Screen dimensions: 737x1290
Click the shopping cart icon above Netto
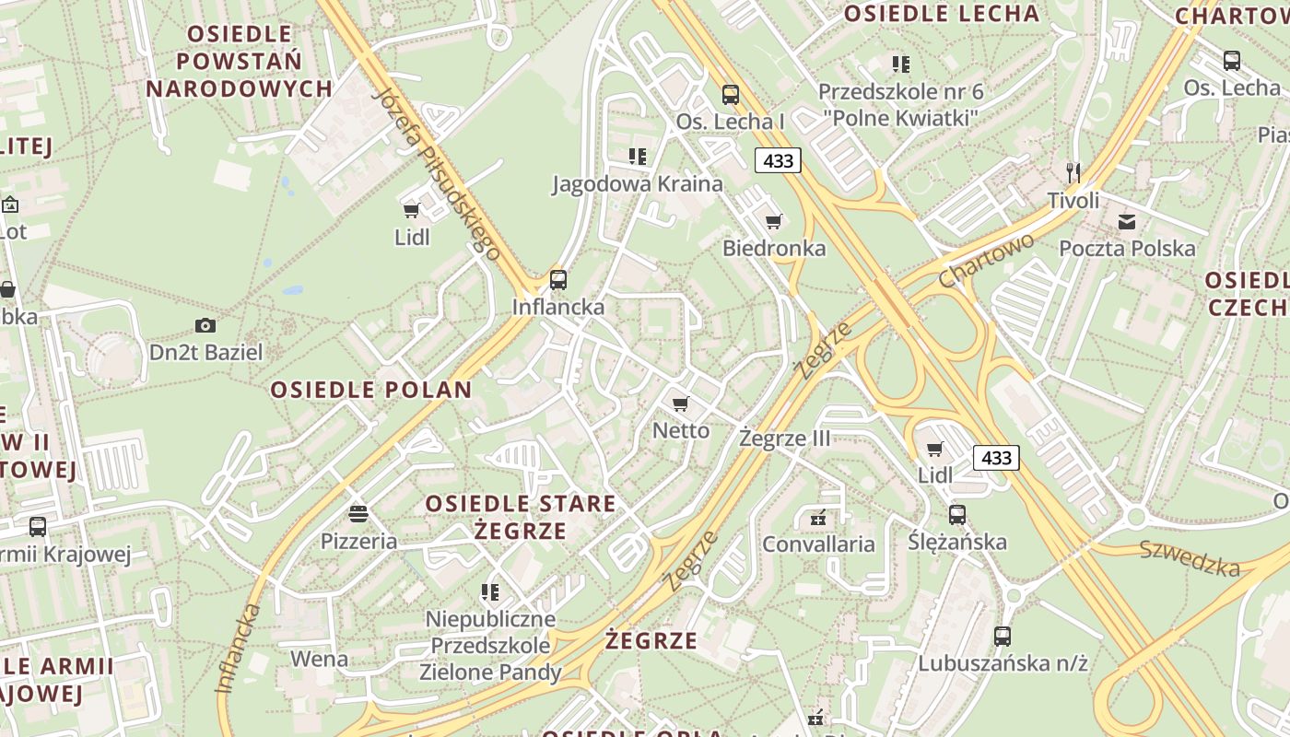pos(681,404)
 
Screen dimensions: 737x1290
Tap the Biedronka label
pos(774,248)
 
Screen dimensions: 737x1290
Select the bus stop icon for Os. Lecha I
pos(731,94)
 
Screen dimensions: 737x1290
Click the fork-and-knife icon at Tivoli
pos(1073,172)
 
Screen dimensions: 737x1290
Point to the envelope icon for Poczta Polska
pos(1127,221)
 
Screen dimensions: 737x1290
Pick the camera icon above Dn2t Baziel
pos(205,325)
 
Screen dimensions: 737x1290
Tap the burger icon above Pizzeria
pos(358,513)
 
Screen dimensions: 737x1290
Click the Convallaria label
pos(818,544)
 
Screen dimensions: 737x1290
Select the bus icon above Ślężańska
pos(957,514)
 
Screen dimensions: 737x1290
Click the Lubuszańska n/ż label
pos(1003,662)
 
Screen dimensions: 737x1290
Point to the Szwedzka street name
pos(1190,558)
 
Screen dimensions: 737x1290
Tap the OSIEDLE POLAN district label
pos(371,390)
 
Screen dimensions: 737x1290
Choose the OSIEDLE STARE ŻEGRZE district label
pos(521,517)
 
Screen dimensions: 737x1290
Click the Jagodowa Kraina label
pos(638,183)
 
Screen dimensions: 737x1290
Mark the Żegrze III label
pos(785,439)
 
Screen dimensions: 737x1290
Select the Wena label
pos(319,659)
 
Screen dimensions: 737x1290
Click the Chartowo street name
pos(986,260)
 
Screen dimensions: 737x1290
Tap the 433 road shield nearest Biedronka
pos(779,160)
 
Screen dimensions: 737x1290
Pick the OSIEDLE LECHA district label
pos(942,14)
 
